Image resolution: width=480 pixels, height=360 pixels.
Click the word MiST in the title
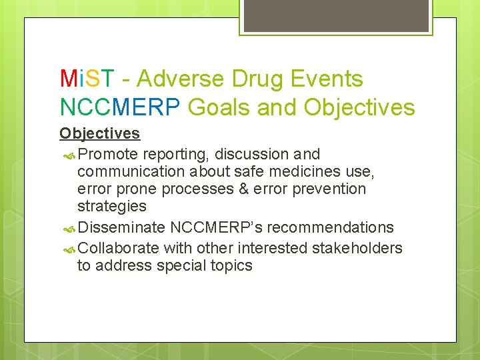pos(87,79)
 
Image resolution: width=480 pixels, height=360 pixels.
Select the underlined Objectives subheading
pos(99,133)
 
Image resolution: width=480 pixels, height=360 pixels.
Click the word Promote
pos(108,155)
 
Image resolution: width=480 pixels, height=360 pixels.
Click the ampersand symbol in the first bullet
pos(245,189)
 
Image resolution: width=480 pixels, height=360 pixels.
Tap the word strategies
pos(111,206)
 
